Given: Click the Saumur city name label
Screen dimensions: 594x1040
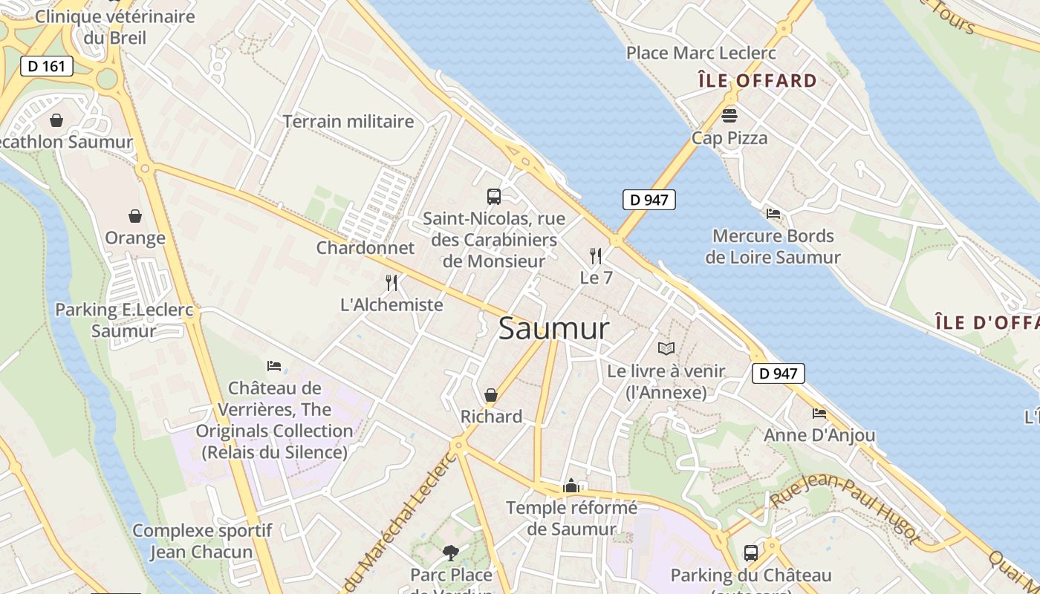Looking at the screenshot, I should tap(553, 328).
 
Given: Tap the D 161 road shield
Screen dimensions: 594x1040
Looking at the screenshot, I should tap(47, 66).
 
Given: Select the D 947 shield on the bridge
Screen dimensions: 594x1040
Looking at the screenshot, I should tap(649, 199).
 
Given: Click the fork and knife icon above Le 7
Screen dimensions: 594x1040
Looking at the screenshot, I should tap(596, 256).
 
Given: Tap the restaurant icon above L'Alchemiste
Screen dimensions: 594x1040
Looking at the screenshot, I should tap(391, 282).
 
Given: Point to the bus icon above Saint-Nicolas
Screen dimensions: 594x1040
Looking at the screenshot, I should tap(494, 197).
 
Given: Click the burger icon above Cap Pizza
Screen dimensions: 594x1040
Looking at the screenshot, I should tap(729, 116).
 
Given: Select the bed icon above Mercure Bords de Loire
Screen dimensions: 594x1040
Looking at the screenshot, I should tap(773, 214).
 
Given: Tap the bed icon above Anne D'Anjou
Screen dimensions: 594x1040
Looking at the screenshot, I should tap(819, 413).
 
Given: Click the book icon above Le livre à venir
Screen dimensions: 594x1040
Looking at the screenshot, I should tap(666, 348).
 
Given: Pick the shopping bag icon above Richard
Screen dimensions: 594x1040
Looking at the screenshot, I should tap(491, 395).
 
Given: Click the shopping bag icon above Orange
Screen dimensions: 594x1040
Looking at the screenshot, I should tap(135, 216).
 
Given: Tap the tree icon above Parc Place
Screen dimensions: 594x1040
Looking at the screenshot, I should tap(451, 552).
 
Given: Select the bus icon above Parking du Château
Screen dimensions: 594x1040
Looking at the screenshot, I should tap(751, 553).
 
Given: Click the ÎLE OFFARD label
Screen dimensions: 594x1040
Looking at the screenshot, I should tap(758, 80).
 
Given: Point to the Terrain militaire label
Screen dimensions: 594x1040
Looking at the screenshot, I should tap(348, 121).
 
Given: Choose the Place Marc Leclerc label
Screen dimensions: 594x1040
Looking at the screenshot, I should tap(701, 53).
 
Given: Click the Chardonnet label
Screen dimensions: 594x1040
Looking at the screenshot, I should tap(365, 247).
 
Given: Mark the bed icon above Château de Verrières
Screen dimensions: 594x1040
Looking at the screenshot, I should tap(274, 366).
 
